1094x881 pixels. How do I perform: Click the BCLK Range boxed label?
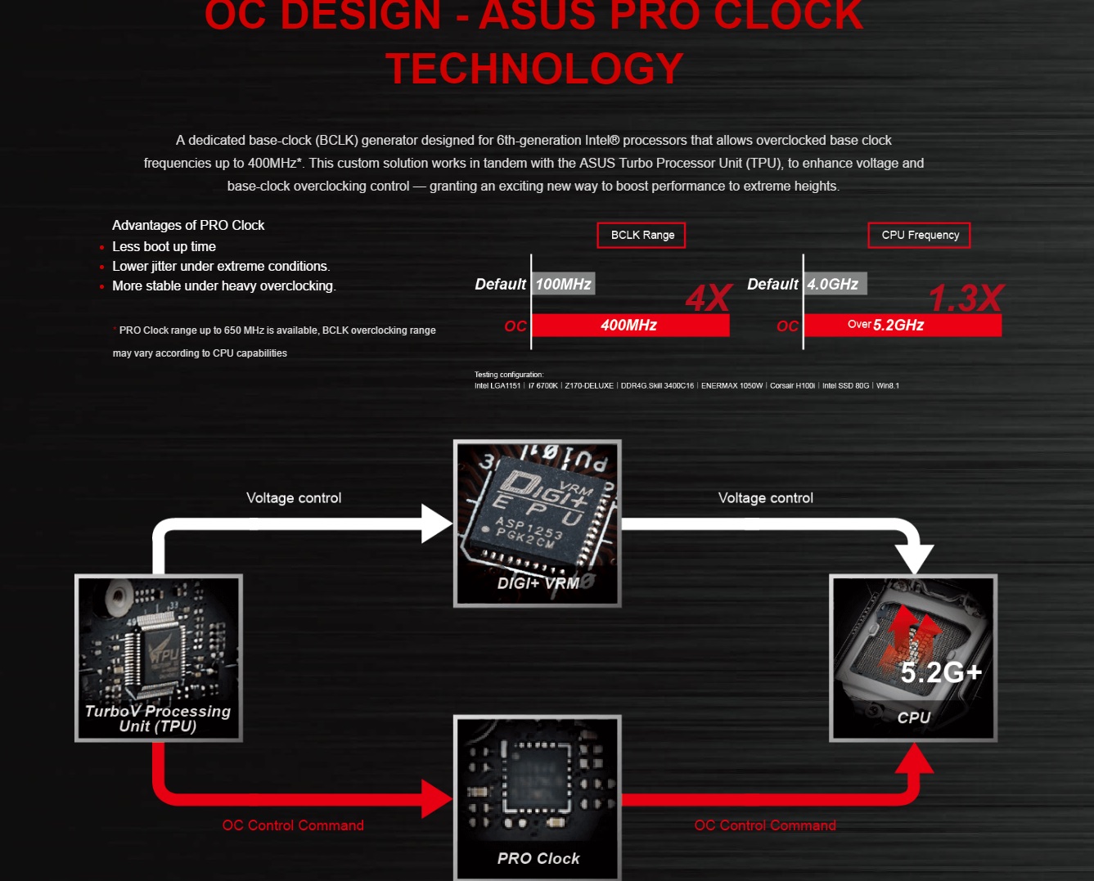point(642,235)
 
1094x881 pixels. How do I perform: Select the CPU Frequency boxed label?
point(919,235)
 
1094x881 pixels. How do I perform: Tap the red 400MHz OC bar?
point(629,325)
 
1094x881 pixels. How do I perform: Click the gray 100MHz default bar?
point(564,284)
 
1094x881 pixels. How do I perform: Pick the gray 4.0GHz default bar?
point(834,284)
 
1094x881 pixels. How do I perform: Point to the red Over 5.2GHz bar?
point(902,325)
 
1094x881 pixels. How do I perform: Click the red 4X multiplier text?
point(708,299)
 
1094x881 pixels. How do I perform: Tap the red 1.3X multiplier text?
point(966,299)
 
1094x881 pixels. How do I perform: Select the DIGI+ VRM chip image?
point(538,524)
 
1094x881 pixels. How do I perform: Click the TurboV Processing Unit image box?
point(159,658)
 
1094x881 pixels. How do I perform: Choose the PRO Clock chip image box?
point(538,798)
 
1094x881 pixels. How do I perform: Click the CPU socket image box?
point(913,658)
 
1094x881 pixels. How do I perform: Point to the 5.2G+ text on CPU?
point(941,672)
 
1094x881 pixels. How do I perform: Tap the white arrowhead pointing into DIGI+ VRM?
point(436,524)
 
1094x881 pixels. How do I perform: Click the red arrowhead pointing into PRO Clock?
point(436,798)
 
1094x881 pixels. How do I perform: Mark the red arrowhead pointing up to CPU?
point(914,758)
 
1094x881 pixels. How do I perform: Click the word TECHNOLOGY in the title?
point(534,69)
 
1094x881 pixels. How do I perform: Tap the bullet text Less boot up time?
point(164,246)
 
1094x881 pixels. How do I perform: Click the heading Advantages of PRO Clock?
point(188,225)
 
